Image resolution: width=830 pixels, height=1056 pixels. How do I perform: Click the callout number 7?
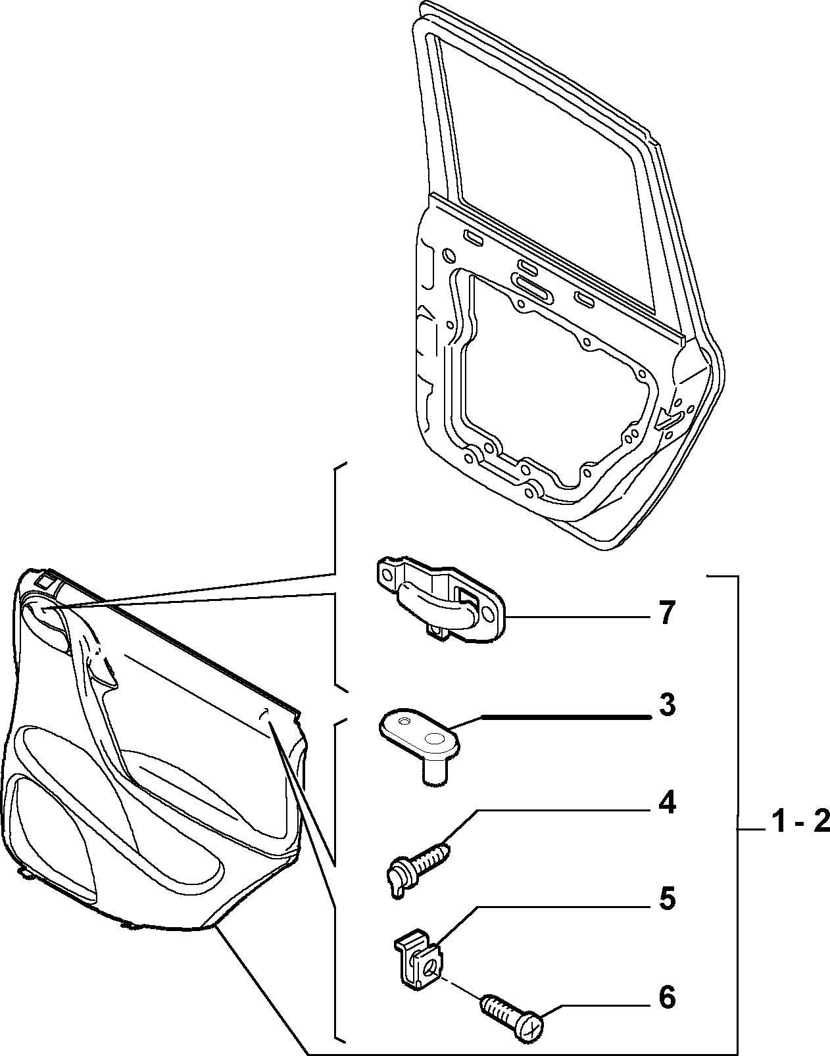[666, 613]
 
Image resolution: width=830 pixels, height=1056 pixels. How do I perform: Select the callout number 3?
[667, 705]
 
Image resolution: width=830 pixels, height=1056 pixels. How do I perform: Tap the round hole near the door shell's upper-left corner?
[448, 254]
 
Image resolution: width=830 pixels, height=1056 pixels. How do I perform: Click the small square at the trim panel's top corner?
[45, 581]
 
